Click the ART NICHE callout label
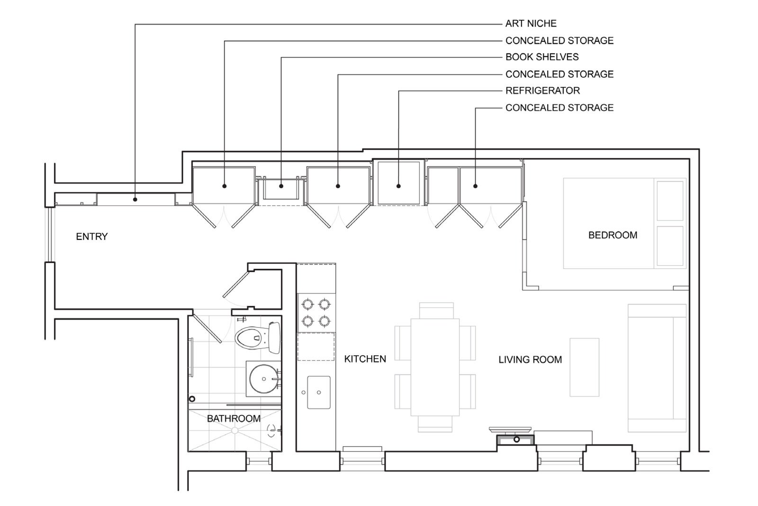(531, 24)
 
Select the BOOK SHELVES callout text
(541, 57)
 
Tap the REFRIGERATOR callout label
(542, 91)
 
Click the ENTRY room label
(92, 236)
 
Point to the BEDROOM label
(613, 235)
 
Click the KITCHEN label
(365, 359)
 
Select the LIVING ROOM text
(530, 359)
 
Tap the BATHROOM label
(234, 418)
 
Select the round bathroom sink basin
(263, 378)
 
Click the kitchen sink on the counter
(318, 392)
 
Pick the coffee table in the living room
(584, 367)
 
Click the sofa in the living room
(656, 368)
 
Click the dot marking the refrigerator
(398, 186)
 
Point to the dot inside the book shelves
(281, 186)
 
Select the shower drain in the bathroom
(234, 430)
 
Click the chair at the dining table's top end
(436, 310)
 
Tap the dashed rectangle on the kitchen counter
(316, 347)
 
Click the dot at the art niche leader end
(135, 200)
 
